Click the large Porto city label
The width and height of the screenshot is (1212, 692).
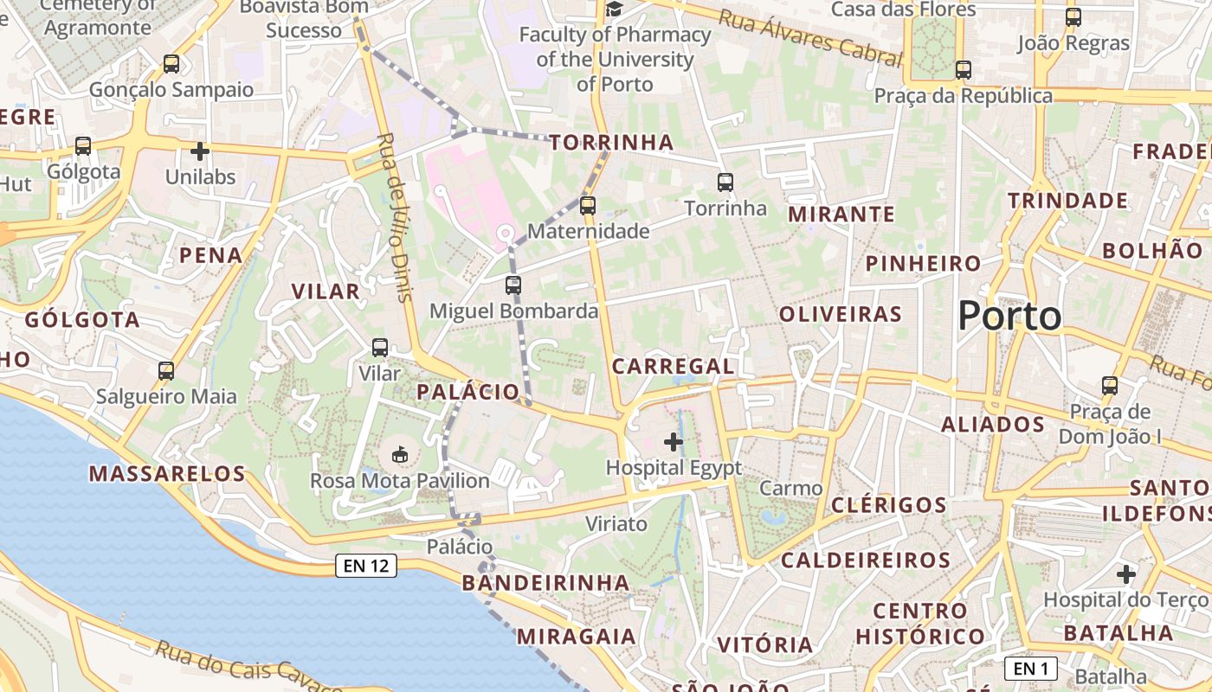(1009, 316)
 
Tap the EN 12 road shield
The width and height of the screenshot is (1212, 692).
(366, 567)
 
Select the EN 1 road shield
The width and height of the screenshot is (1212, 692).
(1031, 668)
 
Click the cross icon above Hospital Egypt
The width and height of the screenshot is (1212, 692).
(673, 443)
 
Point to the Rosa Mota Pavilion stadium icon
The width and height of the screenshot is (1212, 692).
(400, 454)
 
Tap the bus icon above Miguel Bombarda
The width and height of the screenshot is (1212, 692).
(513, 285)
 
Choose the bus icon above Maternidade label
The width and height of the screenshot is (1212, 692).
(588, 205)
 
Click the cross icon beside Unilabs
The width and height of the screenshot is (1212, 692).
(200, 151)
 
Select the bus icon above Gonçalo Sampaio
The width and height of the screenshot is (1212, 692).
(171, 63)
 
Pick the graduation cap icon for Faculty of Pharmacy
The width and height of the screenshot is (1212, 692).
(614, 10)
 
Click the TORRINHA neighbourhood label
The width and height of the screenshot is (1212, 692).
(611, 143)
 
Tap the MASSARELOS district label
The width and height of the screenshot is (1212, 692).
(167, 474)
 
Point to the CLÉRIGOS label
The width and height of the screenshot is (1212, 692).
(888, 505)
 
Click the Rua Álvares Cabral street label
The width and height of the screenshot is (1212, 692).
(810, 38)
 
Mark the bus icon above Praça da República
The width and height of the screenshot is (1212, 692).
(963, 70)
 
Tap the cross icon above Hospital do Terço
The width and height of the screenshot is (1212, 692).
(1125, 574)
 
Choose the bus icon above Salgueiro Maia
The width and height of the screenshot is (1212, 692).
(166, 371)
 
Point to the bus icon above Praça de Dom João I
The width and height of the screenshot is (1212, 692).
(1110, 385)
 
